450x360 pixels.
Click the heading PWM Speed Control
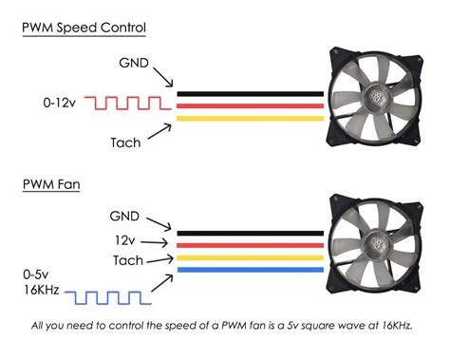(84, 28)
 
